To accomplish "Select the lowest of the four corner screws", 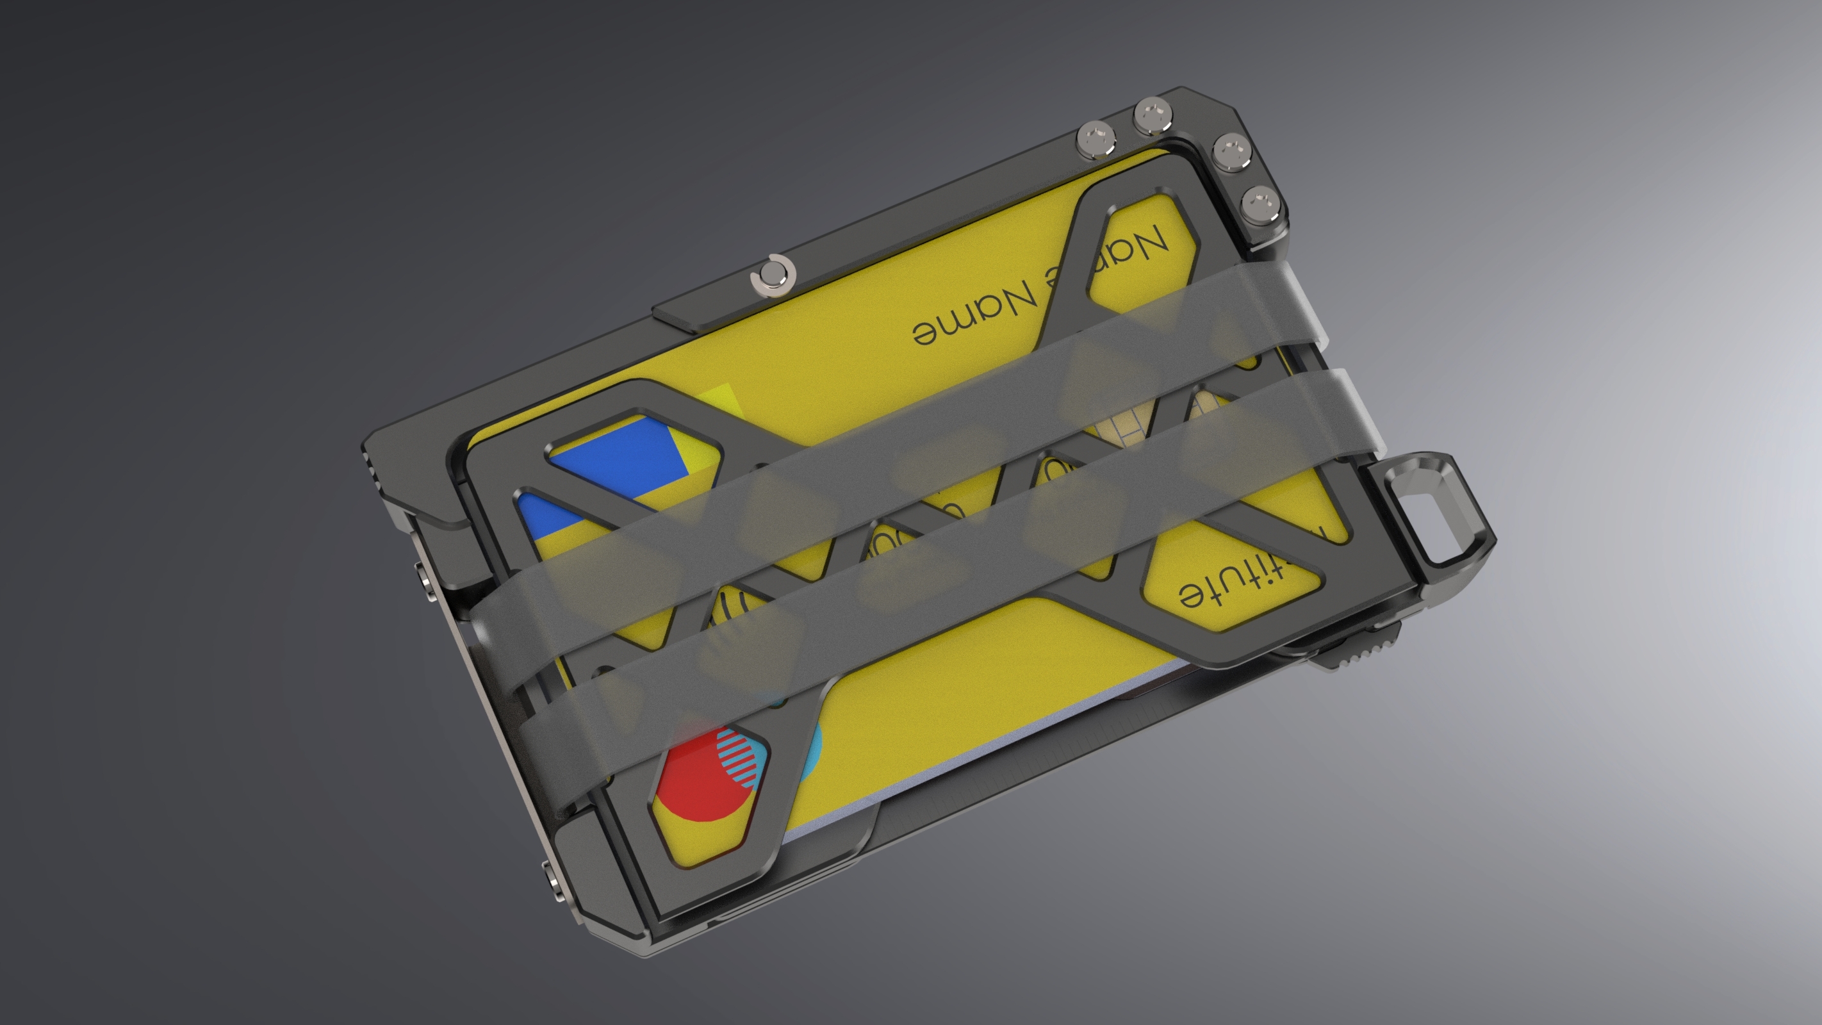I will click(x=1262, y=204).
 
